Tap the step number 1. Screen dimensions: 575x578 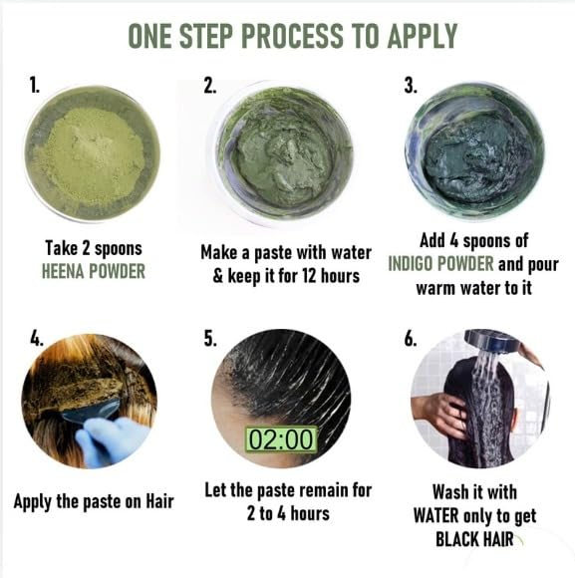click(x=34, y=86)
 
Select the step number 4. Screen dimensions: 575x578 click(x=37, y=338)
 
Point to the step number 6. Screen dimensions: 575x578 click(x=411, y=339)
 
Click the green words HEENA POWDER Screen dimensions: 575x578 click(x=94, y=272)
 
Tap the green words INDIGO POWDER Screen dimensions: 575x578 click(x=440, y=263)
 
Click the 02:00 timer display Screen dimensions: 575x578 click(x=281, y=438)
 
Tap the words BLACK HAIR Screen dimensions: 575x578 click(x=474, y=539)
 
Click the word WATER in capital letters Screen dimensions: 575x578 click(x=436, y=515)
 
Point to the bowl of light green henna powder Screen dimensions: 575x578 click(x=92, y=153)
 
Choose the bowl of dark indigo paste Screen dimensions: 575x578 click(x=474, y=153)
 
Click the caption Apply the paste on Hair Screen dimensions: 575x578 click(x=94, y=502)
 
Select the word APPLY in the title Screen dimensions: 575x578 click(x=423, y=36)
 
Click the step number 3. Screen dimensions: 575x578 click(x=411, y=86)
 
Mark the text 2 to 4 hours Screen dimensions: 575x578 click(x=288, y=513)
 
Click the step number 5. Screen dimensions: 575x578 click(x=210, y=338)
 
